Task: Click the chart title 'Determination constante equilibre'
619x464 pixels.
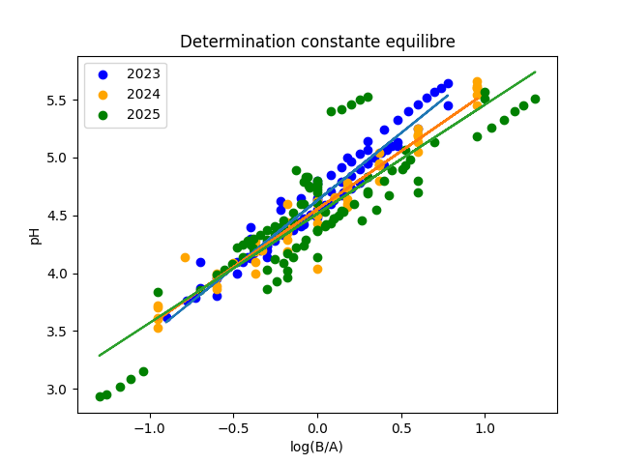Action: tap(317, 43)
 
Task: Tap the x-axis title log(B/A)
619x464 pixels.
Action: tap(317, 447)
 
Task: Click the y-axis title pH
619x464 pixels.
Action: tap(36, 235)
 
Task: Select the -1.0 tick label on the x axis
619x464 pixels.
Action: tap(145, 427)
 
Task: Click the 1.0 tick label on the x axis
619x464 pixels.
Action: tap(485, 427)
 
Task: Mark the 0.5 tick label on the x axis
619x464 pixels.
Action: tap(400, 427)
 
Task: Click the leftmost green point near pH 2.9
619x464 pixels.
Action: tap(100, 396)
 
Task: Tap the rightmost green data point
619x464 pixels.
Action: tap(535, 99)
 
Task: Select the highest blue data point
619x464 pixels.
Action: tap(448, 83)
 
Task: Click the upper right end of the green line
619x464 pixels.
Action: tap(535, 72)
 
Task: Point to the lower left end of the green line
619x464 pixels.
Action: tap(100, 355)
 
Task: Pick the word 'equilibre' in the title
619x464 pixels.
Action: tap(423, 43)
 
